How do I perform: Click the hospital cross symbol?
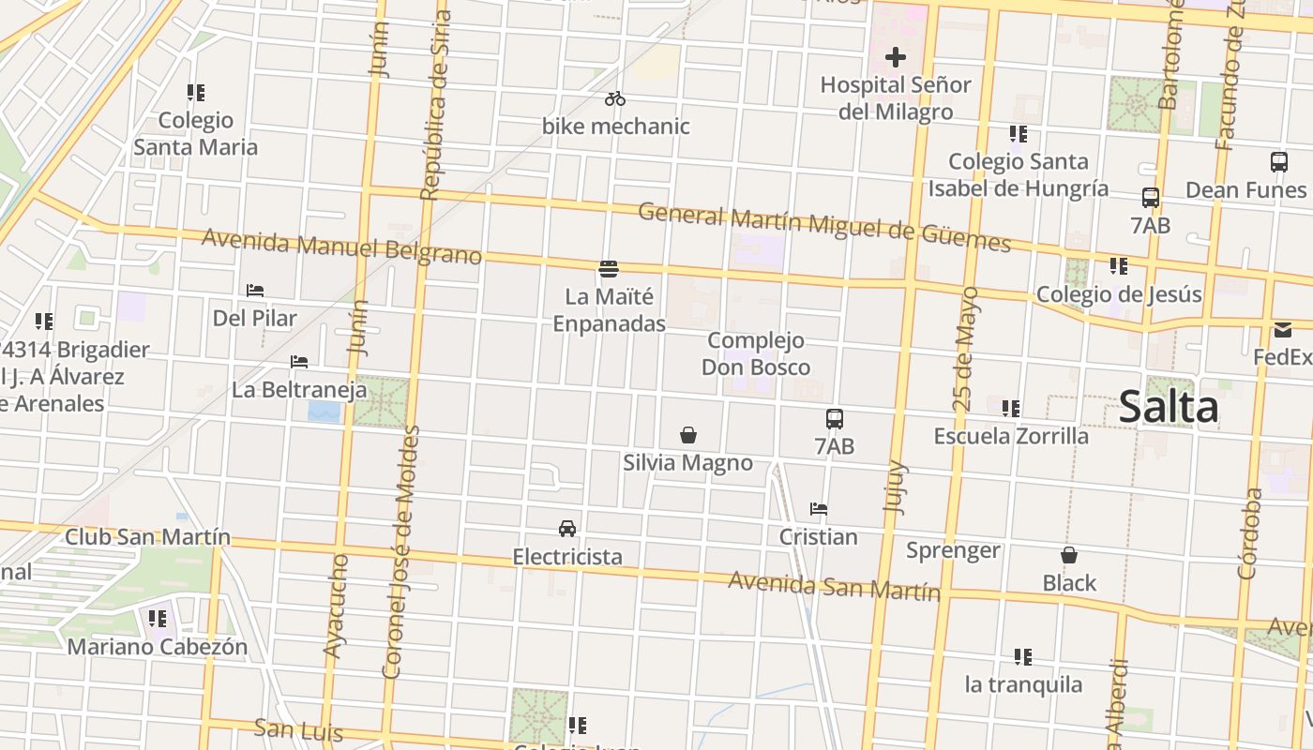(896, 57)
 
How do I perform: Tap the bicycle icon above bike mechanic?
(615, 98)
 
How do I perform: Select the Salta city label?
(1169, 407)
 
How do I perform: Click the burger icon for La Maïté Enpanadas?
(609, 269)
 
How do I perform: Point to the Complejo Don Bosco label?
(756, 353)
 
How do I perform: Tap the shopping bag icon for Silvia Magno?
(688, 435)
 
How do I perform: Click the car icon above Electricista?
(567, 529)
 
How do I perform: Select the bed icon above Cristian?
(819, 509)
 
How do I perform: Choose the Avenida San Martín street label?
(834, 586)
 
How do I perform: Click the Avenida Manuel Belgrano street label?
(341, 247)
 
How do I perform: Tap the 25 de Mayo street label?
(965, 349)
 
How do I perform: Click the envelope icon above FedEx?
(1282, 330)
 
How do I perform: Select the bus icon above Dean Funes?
(1279, 161)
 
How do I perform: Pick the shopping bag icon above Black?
(1069, 555)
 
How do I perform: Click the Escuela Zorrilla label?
(1011, 436)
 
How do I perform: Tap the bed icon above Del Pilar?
(255, 291)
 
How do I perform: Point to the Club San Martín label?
(147, 537)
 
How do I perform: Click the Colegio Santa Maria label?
(195, 133)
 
